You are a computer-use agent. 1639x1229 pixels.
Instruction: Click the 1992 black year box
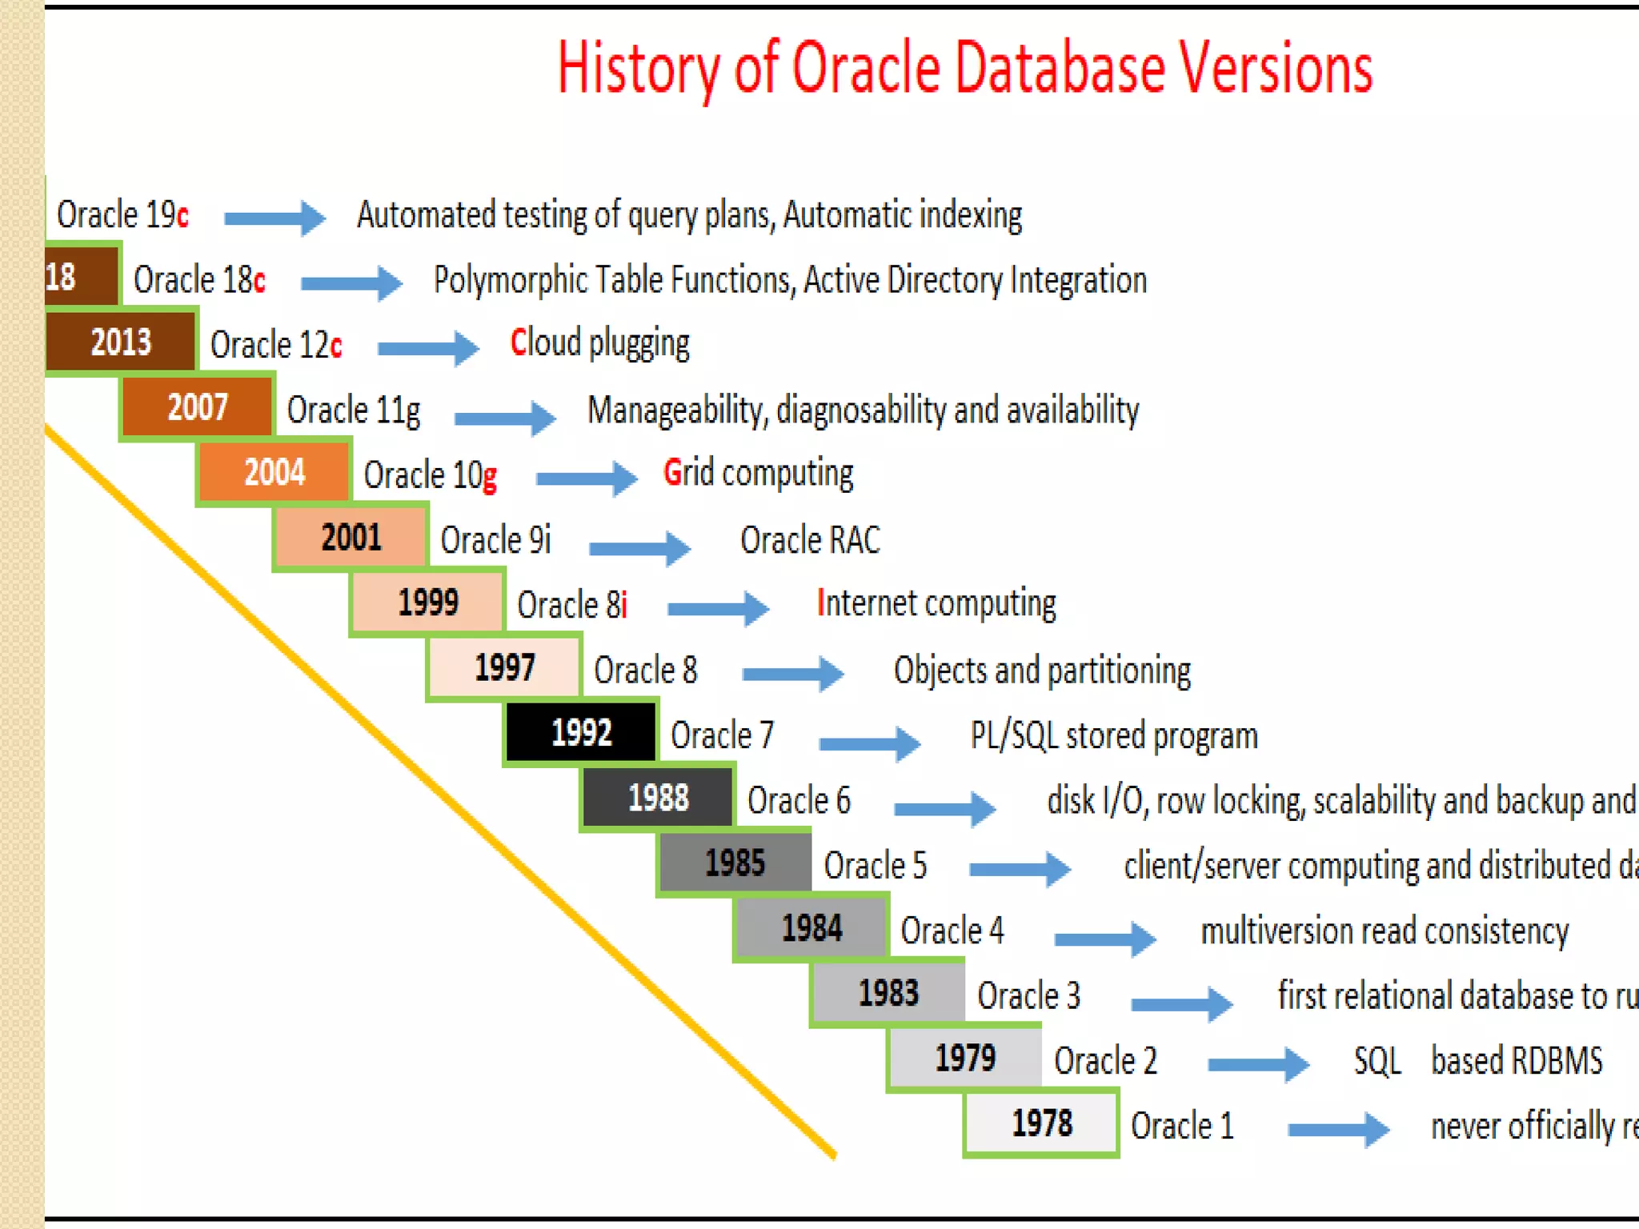(581, 732)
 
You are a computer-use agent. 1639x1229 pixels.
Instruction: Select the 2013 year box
(120, 342)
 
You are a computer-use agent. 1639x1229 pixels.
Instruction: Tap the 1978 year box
(1041, 1123)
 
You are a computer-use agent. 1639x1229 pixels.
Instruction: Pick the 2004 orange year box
(274, 472)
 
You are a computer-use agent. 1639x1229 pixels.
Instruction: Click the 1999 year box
(427, 602)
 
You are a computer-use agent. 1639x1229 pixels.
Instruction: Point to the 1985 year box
(735, 863)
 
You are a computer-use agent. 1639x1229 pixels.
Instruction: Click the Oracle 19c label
(122, 214)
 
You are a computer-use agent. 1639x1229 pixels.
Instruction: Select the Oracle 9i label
(495, 539)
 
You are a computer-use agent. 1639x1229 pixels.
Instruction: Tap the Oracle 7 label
(722, 735)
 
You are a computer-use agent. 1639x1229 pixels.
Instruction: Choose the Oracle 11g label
(353, 410)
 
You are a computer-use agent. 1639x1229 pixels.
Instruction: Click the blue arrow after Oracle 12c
(428, 347)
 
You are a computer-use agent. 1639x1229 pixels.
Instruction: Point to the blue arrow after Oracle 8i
(718, 608)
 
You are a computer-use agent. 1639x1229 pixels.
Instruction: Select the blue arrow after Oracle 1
(1338, 1129)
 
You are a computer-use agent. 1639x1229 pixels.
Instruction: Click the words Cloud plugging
(599, 343)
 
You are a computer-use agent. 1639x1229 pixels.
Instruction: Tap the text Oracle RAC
(810, 539)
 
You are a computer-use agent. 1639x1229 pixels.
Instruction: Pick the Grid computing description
(758, 473)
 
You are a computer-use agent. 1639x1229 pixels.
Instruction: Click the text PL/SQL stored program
(1114, 735)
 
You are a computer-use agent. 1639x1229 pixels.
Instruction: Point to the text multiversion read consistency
(1385, 931)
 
